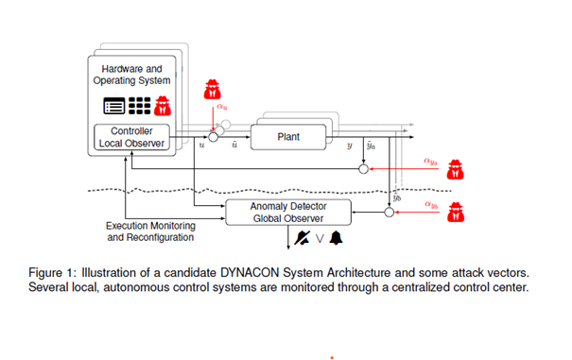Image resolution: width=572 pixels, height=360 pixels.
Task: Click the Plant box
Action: [288, 137]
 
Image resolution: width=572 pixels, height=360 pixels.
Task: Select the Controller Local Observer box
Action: [131, 137]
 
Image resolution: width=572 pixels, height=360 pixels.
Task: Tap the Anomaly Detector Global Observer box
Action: [288, 213]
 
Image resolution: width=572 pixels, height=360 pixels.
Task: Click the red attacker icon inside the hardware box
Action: [163, 106]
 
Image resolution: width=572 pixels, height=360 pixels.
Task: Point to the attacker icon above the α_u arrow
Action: [213, 90]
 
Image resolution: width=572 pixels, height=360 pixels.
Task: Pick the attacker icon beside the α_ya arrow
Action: [456, 169]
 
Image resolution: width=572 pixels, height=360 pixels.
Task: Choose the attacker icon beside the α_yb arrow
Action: [456, 212]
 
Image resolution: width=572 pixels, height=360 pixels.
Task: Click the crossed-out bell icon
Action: [303, 238]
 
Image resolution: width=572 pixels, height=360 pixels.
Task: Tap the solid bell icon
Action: [336, 238]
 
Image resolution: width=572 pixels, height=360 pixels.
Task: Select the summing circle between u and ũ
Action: [213, 137]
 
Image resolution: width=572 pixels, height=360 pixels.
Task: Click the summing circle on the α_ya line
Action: [363, 169]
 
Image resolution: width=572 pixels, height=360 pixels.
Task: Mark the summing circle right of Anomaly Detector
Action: [390, 212]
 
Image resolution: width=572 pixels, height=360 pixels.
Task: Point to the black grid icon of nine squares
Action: [139, 106]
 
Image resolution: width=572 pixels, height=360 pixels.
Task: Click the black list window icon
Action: [113, 106]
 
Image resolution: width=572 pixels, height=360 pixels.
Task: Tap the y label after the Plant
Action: [350, 146]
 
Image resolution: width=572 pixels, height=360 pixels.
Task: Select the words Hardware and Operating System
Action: [131, 75]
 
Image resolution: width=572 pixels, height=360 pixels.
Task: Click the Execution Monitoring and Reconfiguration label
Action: [150, 231]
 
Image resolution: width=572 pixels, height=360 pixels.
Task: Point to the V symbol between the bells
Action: [320, 239]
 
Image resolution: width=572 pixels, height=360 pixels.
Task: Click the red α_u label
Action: [222, 107]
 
